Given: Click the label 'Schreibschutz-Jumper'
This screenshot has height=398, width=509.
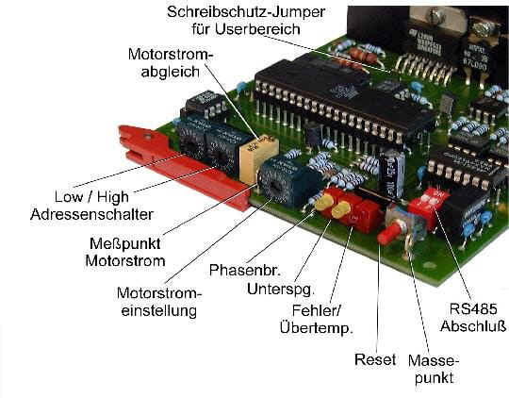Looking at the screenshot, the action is pyautogui.click(x=246, y=12).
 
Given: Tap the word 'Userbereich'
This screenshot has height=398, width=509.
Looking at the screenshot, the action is pyautogui.click(x=257, y=29).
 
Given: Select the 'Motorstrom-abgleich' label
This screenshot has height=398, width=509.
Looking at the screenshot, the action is pyautogui.click(x=171, y=62).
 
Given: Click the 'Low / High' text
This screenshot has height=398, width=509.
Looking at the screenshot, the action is pyautogui.click(x=91, y=197).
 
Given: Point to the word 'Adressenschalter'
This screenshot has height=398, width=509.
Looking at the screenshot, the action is pyautogui.click(x=91, y=214).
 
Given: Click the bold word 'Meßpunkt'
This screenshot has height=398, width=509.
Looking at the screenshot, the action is pyautogui.click(x=125, y=243).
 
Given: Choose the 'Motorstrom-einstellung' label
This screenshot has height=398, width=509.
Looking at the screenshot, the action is pyautogui.click(x=159, y=302).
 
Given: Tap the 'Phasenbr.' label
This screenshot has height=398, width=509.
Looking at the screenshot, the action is pyautogui.click(x=245, y=270).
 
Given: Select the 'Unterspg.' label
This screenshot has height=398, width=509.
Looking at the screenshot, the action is pyautogui.click(x=281, y=289).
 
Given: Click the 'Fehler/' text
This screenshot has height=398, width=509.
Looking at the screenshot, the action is pyautogui.click(x=317, y=310).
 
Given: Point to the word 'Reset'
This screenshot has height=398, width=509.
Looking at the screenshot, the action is pyautogui.click(x=375, y=359).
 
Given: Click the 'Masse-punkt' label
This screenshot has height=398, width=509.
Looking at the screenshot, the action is pyautogui.click(x=434, y=370).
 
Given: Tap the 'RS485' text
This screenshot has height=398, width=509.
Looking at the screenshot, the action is pyautogui.click(x=473, y=309).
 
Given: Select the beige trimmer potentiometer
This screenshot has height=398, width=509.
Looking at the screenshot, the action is pyautogui.click(x=258, y=158).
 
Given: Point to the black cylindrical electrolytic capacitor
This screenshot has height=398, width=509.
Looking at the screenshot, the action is pyautogui.click(x=392, y=174).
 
